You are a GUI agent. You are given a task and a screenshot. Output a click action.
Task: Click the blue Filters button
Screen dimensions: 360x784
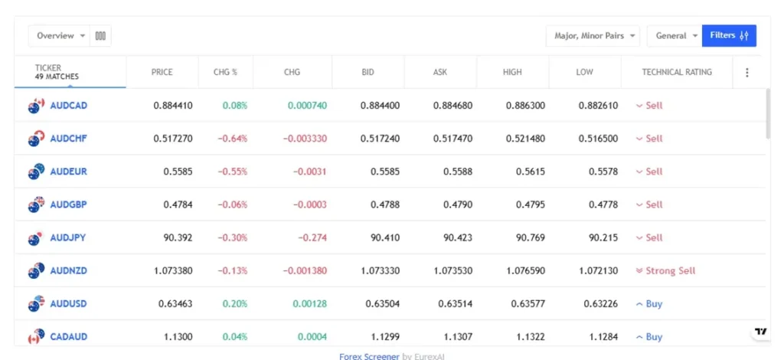click(729, 36)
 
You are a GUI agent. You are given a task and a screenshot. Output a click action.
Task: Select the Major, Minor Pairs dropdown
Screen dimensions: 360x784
click(593, 36)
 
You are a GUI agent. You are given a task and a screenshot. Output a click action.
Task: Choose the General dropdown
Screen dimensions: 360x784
click(677, 36)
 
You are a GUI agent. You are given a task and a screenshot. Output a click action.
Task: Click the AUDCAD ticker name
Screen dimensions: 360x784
click(68, 106)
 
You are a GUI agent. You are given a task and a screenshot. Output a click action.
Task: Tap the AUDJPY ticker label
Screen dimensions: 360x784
click(67, 237)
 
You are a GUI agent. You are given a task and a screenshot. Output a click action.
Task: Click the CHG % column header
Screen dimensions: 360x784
click(225, 72)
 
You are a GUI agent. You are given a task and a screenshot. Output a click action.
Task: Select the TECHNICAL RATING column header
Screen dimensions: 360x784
click(676, 72)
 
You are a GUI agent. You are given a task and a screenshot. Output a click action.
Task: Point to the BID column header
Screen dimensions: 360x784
click(367, 72)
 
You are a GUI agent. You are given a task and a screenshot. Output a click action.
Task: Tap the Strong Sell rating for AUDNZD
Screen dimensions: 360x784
click(670, 271)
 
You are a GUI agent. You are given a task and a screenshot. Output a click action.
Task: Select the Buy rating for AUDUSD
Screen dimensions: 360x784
click(653, 304)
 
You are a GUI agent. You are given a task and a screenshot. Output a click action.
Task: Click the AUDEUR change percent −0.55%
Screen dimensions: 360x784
click(232, 172)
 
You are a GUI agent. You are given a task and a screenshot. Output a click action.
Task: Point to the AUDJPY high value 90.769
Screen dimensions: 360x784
click(530, 237)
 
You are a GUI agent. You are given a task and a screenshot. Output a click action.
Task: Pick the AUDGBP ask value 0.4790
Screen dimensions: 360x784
click(457, 205)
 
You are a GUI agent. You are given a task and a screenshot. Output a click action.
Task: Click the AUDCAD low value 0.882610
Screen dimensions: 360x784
click(597, 106)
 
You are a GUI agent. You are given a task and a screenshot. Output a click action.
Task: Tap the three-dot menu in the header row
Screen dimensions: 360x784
click(747, 73)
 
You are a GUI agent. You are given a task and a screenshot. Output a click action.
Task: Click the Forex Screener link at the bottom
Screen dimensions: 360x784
click(369, 356)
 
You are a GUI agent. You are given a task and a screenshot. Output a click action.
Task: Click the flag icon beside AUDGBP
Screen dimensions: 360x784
click(36, 205)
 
